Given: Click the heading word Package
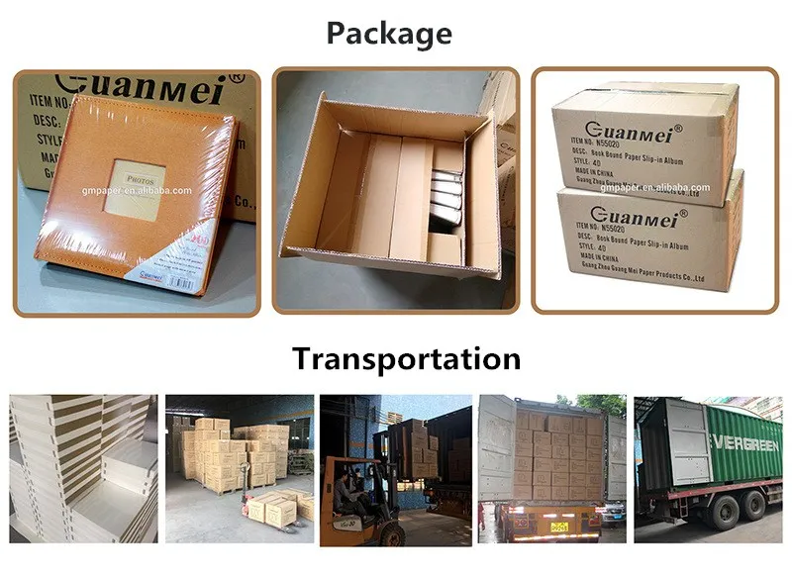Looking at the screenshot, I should tap(389, 34).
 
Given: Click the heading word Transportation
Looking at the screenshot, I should tap(406, 357).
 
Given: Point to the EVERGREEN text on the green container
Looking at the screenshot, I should tap(740, 443).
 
